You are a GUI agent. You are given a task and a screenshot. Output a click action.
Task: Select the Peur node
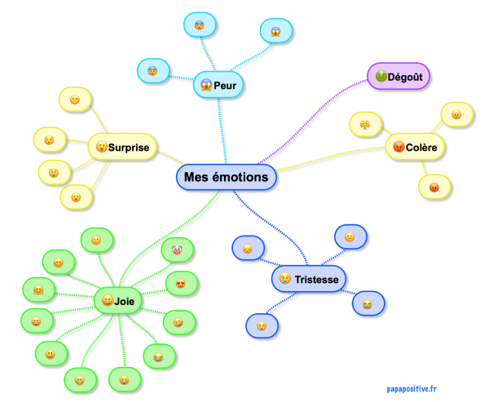coord(218,84)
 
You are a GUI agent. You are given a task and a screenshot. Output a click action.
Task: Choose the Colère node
coord(415,148)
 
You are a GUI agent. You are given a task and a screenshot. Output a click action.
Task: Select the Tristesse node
coord(309,280)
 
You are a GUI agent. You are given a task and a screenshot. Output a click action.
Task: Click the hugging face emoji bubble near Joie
coord(37,290)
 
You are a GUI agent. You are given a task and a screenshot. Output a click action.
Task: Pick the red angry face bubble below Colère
coord(434,187)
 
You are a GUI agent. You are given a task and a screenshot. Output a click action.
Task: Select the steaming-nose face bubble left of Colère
coord(361,124)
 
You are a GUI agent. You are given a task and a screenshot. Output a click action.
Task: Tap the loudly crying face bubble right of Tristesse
coord(368,304)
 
